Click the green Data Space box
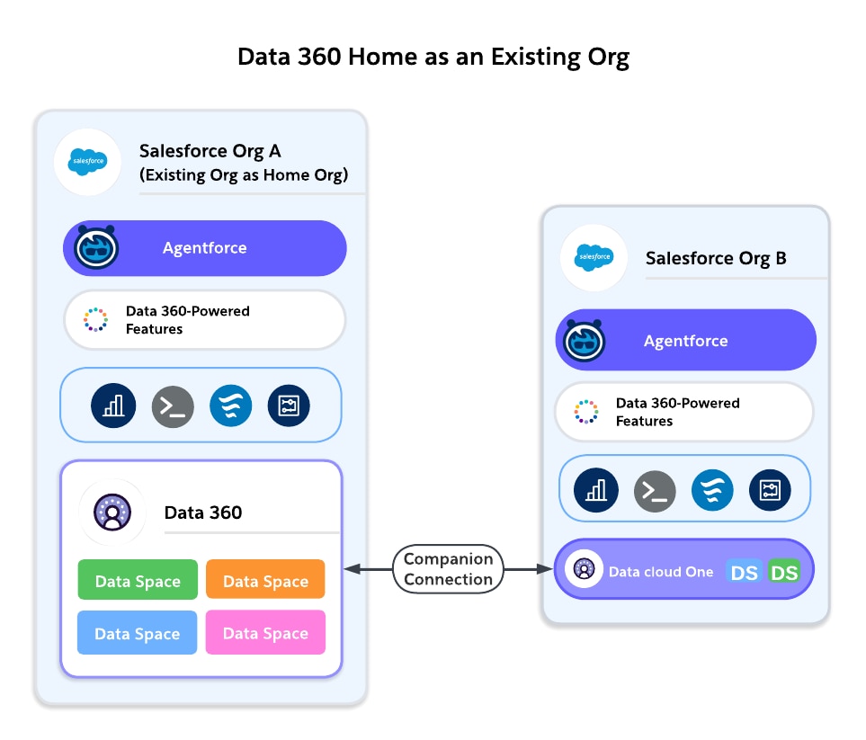point(138,581)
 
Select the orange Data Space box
point(265,581)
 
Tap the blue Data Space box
point(138,633)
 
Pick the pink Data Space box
point(265,633)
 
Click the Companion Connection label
point(448,569)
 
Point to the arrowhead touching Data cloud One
point(544,569)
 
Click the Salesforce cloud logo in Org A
point(87,162)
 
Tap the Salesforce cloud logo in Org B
point(594,258)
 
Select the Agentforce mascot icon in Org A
point(96,247)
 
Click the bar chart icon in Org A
point(113,406)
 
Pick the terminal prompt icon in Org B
point(655,491)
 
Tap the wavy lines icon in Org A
point(230,406)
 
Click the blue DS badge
point(745,572)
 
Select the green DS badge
point(784,572)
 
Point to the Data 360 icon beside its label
point(112,513)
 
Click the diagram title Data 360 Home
point(433,57)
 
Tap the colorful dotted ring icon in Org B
point(586,412)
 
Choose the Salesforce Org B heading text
point(716,258)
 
